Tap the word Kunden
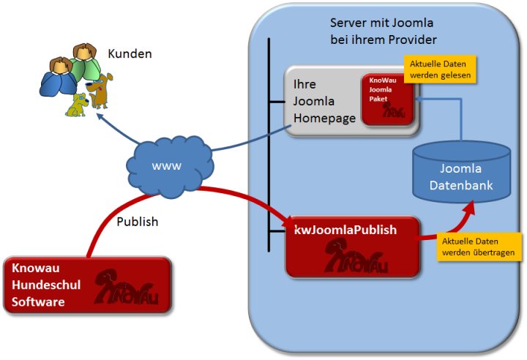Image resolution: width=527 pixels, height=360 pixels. [130, 54]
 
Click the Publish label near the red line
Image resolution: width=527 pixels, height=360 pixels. [138, 221]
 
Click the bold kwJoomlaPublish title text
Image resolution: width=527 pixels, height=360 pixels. [345, 230]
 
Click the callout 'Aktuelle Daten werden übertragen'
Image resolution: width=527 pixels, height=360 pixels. [481, 247]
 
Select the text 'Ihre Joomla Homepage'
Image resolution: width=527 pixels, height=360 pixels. [320, 101]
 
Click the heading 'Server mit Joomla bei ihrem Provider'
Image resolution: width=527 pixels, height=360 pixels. [384, 31]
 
